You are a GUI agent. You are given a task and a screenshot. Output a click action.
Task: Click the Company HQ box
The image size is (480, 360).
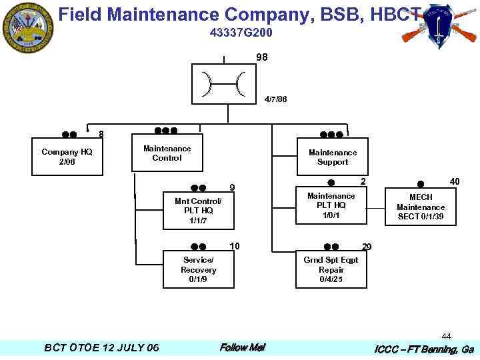pyautogui.click(x=67, y=157)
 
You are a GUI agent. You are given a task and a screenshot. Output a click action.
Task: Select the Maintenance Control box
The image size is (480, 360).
pyautogui.click(x=167, y=153)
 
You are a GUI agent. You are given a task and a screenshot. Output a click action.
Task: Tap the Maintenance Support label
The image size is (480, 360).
pyautogui.click(x=332, y=157)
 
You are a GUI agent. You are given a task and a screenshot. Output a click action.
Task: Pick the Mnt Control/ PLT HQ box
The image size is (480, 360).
pyautogui.click(x=198, y=210)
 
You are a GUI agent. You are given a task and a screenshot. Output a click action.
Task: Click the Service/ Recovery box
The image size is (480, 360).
pyautogui.click(x=198, y=269)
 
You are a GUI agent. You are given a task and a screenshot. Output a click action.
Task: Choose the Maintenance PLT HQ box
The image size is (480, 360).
pyautogui.click(x=331, y=205)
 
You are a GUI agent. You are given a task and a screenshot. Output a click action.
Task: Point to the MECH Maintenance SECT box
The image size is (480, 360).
pyautogui.click(x=421, y=207)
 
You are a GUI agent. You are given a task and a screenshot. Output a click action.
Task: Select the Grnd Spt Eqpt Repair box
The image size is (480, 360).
pyautogui.click(x=331, y=269)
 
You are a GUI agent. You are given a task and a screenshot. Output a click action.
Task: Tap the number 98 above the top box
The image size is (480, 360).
pyautogui.click(x=262, y=58)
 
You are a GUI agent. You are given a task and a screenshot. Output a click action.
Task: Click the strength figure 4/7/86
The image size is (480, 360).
pyautogui.click(x=275, y=99)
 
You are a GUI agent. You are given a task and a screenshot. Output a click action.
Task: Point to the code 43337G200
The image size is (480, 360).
pyautogui.click(x=241, y=33)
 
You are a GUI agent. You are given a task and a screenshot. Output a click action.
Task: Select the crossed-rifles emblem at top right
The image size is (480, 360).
pyautogui.click(x=439, y=26)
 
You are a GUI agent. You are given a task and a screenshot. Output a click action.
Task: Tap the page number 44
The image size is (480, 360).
pyautogui.click(x=446, y=337)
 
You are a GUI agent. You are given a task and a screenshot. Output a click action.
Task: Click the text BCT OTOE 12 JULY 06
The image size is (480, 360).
pyautogui.click(x=101, y=348)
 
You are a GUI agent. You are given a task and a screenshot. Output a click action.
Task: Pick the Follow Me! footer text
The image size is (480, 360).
pyautogui.click(x=243, y=347)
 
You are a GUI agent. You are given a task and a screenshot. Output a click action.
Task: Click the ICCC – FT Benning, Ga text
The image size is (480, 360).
pyautogui.click(x=424, y=349)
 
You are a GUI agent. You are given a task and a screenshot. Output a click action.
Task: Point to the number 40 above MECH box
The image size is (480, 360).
pyautogui.click(x=455, y=181)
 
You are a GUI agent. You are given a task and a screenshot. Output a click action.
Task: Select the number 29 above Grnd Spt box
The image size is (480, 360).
pyautogui.click(x=367, y=247)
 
